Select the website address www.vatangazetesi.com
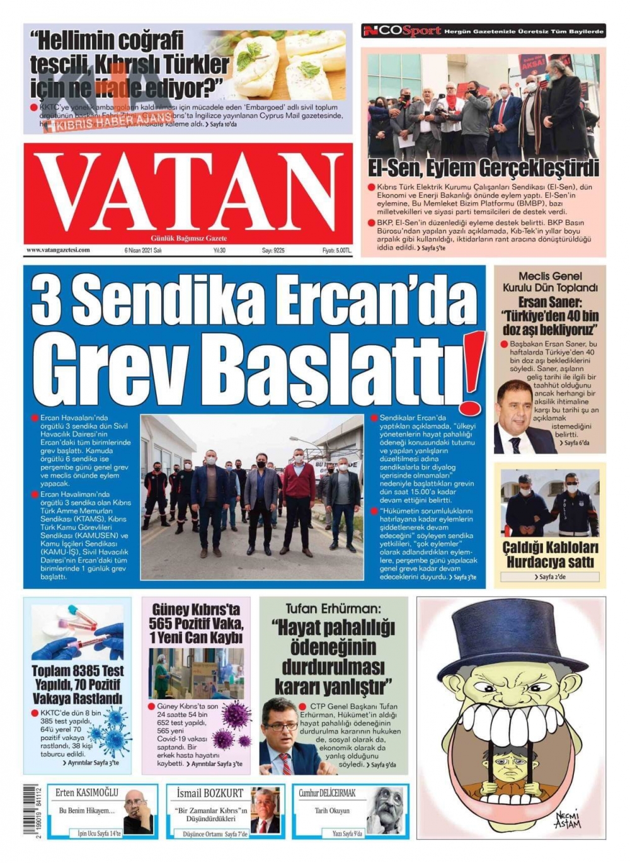58,250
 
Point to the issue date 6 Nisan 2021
144,250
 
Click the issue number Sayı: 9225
273,250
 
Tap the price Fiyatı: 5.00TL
336,250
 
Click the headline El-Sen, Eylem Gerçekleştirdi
483,169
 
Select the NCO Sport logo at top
401,31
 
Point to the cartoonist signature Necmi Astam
567,819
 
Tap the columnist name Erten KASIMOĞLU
87,792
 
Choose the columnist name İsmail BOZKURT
210,792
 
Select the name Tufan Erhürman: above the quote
333,609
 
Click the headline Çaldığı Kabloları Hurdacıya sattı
550,554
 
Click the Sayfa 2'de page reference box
550,576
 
